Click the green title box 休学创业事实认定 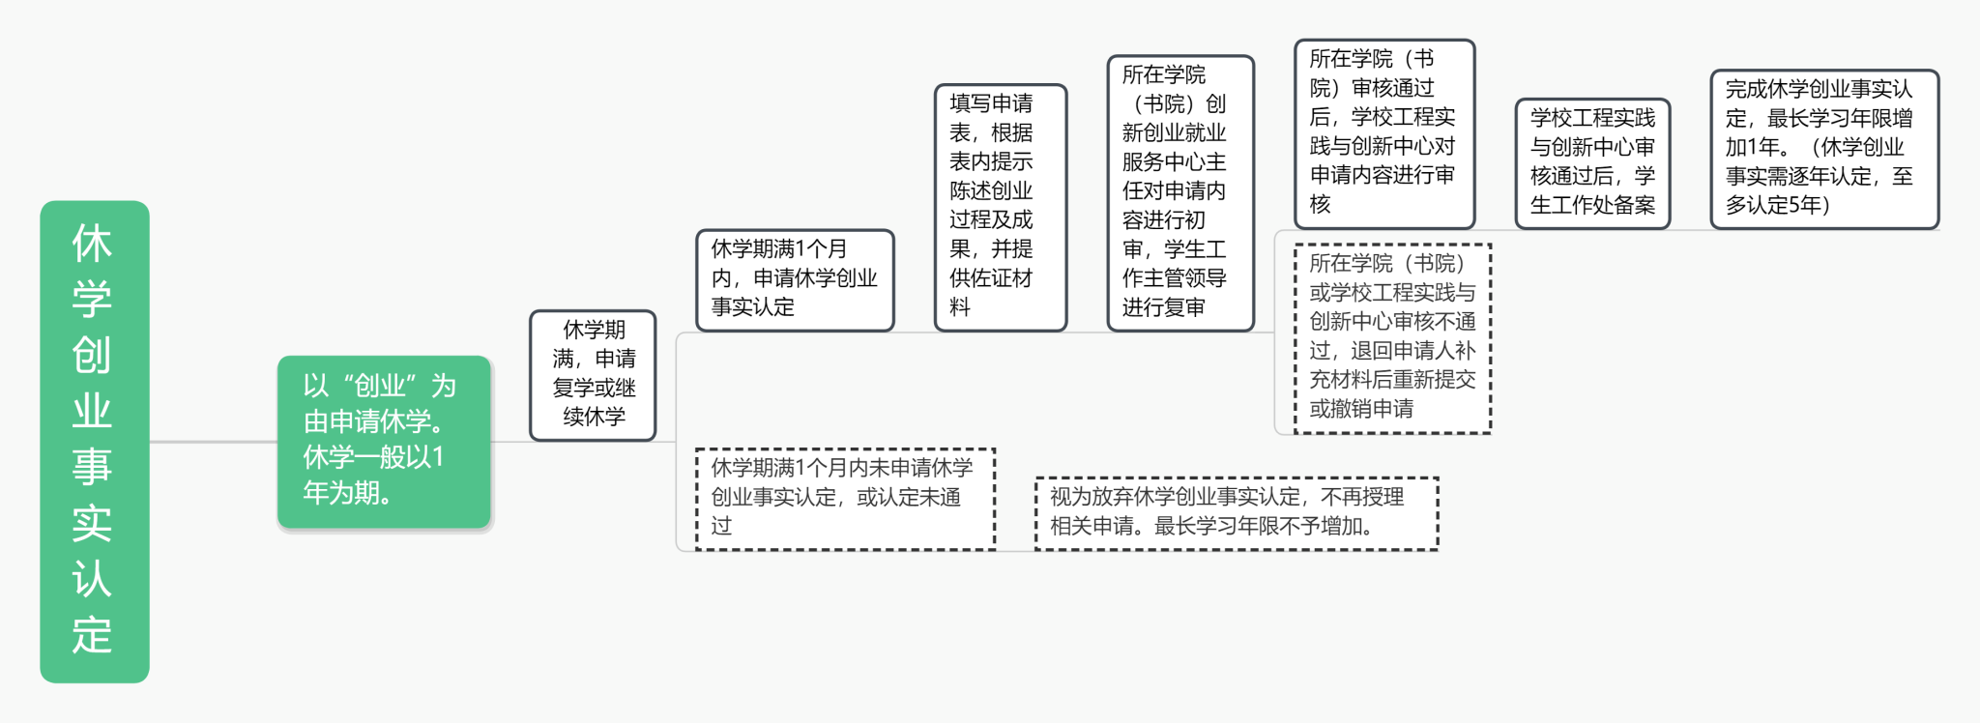[94, 441]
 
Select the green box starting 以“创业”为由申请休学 [384, 442]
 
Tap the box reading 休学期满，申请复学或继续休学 [593, 375]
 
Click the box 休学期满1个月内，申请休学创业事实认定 [794, 279]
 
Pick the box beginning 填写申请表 [1000, 207]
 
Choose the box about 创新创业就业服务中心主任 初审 [1179, 192]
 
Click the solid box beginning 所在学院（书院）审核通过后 [1383, 132]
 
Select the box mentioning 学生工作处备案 [1591, 162]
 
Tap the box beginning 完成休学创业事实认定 [1823, 148]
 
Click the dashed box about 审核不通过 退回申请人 [1392, 337]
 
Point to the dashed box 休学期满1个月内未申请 [844, 498]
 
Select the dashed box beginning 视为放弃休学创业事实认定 [1236, 512]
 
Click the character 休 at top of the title [92, 244]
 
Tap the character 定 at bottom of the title [92, 635]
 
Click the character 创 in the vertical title [92, 356]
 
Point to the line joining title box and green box [213, 442]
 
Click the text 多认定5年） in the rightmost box [1777, 205]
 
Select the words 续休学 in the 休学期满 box [594, 418]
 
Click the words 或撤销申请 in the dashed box [1361, 409]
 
